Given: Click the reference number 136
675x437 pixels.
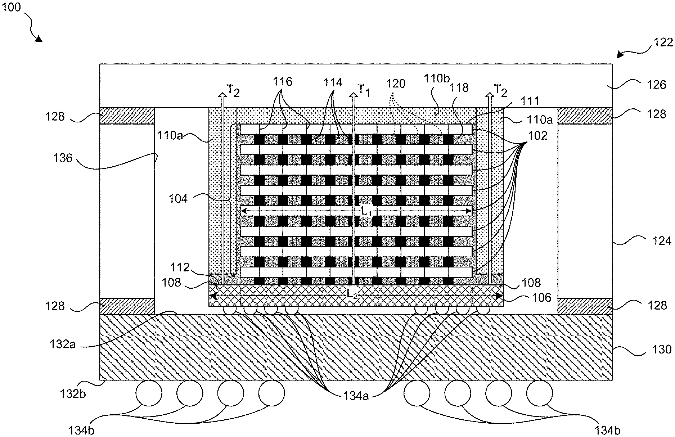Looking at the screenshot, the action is coord(63,158).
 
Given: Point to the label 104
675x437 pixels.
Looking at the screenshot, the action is coord(178,199).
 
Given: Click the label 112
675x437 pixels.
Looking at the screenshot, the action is coord(180,267).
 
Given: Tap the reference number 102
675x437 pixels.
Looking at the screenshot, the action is coord(537,136).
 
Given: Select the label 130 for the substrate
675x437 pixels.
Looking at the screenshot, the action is coord(662,350).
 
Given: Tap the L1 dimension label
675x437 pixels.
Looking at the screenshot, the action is coord(366,212).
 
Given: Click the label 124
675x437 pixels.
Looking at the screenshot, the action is coord(662,241).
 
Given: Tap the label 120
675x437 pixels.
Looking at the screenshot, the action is coord(396,84).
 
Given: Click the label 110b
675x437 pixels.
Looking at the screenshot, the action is coord(437,79).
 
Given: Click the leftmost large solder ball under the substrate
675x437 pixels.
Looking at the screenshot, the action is coord(149,393).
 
